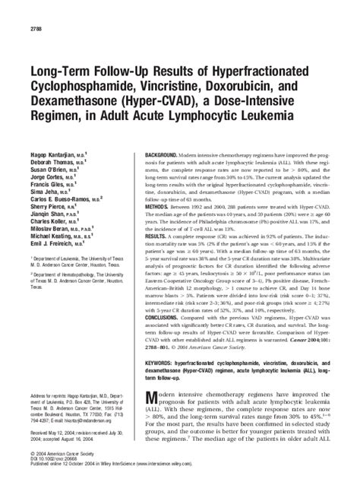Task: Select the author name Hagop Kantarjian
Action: (x=52, y=132)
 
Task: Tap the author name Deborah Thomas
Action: (x=50, y=141)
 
